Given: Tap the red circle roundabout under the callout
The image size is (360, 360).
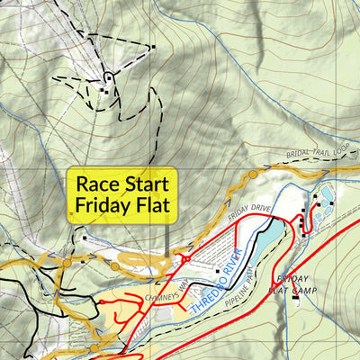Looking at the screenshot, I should pos(185,258).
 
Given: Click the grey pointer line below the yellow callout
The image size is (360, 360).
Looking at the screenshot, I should pos(167,239).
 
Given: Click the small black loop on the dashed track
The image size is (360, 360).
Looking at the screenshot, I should pos(107,77).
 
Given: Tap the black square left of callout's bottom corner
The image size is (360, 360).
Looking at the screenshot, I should pos(84,238).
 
